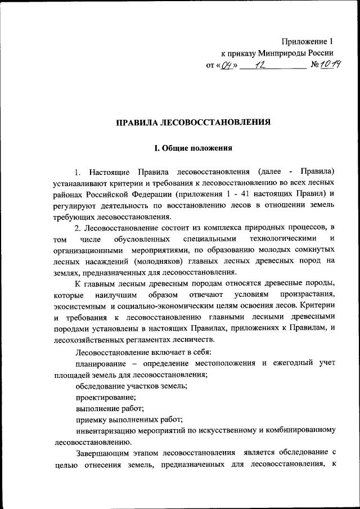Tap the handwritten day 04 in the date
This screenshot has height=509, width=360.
point(228,66)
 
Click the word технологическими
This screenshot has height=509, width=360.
point(281,241)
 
